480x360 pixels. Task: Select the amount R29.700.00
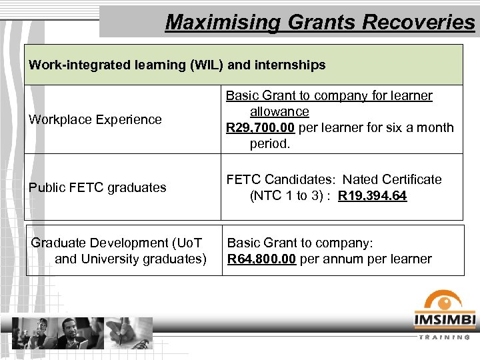pyautogui.click(x=261, y=127)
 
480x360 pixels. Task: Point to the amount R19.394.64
pyautogui.click(x=372, y=196)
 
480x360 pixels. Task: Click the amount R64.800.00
pyautogui.click(x=262, y=259)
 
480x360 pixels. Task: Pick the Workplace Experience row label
pyautogui.click(x=95, y=120)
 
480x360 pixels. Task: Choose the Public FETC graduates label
pyautogui.click(x=97, y=187)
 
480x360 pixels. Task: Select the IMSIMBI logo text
pyautogui.click(x=445, y=321)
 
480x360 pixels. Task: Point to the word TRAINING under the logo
pyautogui.click(x=445, y=337)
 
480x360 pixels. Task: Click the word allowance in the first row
pyautogui.click(x=279, y=112)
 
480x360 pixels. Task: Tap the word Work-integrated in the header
pyautogui.click(x=74, y=65)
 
